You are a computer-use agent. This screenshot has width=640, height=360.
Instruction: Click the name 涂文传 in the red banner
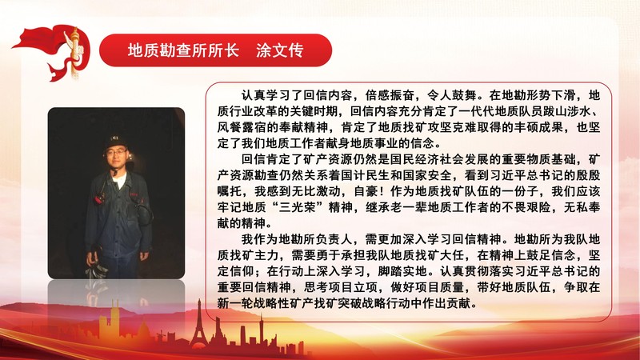tap(279, 50)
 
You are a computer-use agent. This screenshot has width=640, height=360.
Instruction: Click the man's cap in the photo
tap(115, 142)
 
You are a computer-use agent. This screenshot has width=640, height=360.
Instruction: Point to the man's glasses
tap(117, 153)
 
